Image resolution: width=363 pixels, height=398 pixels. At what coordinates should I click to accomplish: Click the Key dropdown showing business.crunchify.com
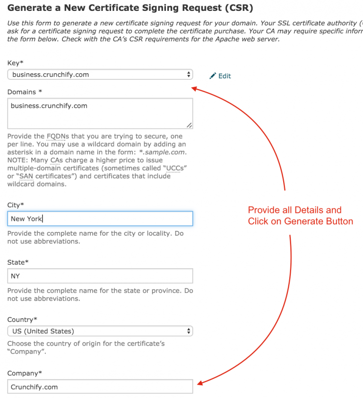click(x=100, y=75)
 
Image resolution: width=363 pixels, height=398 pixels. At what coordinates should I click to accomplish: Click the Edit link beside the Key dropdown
click(x=225, y=76)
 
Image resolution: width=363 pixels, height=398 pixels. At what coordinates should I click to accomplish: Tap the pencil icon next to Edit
click(x=213, y=76)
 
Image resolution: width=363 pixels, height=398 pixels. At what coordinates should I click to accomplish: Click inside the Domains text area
click(x=100, y=113)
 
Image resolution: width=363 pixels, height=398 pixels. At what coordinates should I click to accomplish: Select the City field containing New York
click(x=100, y=219)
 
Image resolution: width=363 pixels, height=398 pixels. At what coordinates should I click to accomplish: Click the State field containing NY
click(x=100, y=276)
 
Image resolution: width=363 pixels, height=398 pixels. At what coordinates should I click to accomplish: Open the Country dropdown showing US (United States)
click(x=100, y=331)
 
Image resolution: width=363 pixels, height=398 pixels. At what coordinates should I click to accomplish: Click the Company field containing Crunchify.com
click(x=100, y=387)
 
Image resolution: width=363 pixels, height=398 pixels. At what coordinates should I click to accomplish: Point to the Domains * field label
click(x=25, y=92)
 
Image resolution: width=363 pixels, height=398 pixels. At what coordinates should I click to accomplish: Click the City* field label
click(x=16, y=205)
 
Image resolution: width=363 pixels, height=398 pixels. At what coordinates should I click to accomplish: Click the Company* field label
click(x=24, y=373)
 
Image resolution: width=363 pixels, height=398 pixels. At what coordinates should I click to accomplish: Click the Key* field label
click(x=15, y=63)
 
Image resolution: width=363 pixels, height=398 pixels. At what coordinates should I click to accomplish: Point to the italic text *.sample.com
click(x=166, y=152)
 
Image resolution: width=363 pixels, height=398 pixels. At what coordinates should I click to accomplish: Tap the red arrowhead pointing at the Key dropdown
click(x=195, y=87)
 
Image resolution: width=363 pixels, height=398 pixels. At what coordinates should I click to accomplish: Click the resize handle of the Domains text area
click(x=189, y=125)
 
